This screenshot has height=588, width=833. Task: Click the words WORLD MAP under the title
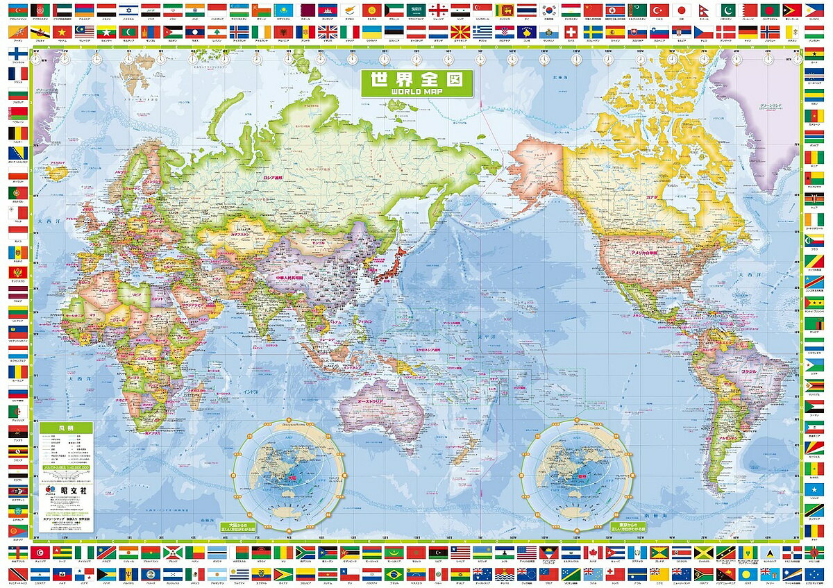click(x=416, y=91)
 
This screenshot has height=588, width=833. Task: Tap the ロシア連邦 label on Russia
click(x=276, y=178)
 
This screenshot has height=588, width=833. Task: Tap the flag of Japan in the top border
click(x=682, y=10)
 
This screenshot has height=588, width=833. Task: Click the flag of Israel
click(x=127, y=10)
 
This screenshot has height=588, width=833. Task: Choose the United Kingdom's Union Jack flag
click(x=328, y=32)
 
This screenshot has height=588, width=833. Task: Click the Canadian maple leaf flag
click(x=594, y=553)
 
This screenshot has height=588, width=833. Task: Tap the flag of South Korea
click(x=549, y=10)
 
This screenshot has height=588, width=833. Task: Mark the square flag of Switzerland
click(x=571, y=32)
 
